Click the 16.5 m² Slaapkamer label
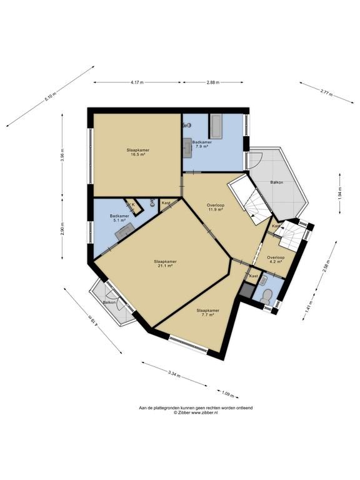click(137, 152)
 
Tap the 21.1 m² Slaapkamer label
click(165, 264)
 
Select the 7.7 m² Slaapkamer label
click(208, 312)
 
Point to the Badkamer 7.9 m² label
click(202, 144)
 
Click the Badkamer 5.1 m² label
click(119, 217)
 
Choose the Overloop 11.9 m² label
click(216, 207)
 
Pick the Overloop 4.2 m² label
click(276, 259)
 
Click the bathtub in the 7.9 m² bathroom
click(216, 126)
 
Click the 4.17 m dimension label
click(137, 82)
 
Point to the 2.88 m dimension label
click(213, 82)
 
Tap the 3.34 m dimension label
click(174, 374)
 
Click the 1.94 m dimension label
click(340, 194)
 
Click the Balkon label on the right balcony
click(277, 182)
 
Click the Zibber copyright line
click(196, 412)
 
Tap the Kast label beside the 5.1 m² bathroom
click(166, 203)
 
